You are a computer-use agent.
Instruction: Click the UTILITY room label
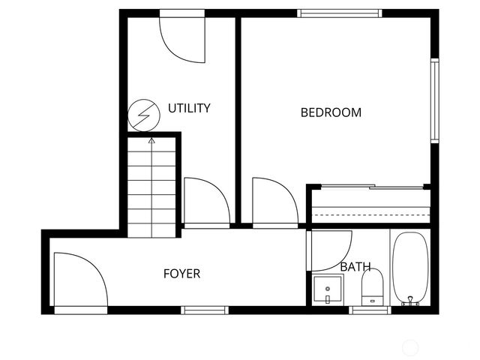click(x=188, y=108)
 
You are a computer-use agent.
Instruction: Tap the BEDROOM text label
click(x=331, y=112)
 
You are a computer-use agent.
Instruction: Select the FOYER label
click(x=181, y=274)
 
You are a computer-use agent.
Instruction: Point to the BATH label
click(x=355, y=266)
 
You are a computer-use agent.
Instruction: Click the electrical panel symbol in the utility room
click(x=143, y=115)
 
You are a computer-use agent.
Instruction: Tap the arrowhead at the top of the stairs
click(x=152, y=139)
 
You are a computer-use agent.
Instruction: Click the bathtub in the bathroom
click(x=410, y=268)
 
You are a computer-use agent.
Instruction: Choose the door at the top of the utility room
click(x=182, y=37)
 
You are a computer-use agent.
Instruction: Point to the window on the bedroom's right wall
click(x=434, y=99)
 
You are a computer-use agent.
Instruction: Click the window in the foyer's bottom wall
click(x=205, y=310)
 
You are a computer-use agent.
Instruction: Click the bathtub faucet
click(x=410, y=301)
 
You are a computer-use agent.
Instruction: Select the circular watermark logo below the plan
click(x=410, y=347)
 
